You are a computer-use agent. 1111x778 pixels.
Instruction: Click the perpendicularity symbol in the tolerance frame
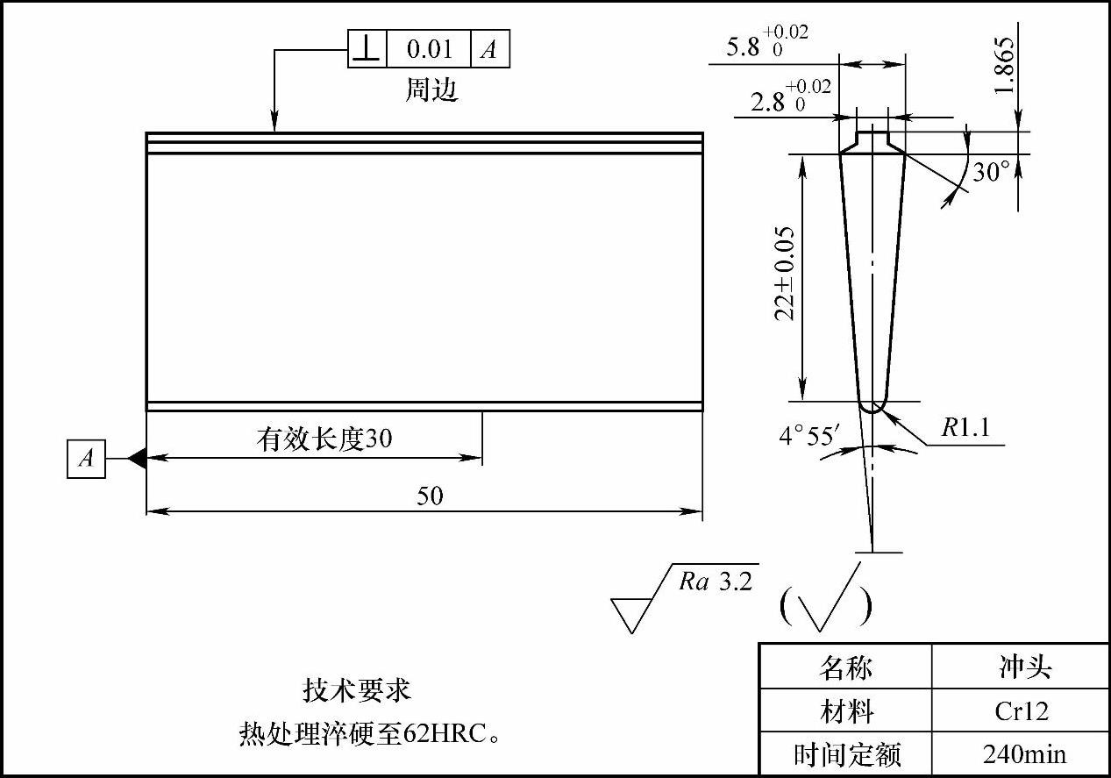367,49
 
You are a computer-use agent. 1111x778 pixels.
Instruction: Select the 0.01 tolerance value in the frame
429,49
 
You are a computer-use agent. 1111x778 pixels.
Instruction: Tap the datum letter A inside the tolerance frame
489,49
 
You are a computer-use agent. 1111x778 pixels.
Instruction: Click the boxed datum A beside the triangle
86,459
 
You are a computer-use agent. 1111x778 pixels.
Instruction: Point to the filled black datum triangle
136,458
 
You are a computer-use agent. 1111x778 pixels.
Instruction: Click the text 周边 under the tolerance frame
431,90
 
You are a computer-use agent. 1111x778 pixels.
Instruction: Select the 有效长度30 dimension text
324,438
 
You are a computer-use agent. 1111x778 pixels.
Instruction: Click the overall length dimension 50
430,496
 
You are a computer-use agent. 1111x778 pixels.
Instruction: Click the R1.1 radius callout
965,428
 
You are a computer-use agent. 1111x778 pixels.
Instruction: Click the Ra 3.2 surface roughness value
716,582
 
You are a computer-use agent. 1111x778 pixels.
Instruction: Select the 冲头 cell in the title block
1020,667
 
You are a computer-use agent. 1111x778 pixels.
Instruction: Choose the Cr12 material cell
1021,710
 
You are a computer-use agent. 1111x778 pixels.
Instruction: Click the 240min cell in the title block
1021,753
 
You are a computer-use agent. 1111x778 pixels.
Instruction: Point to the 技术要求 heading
357,690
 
